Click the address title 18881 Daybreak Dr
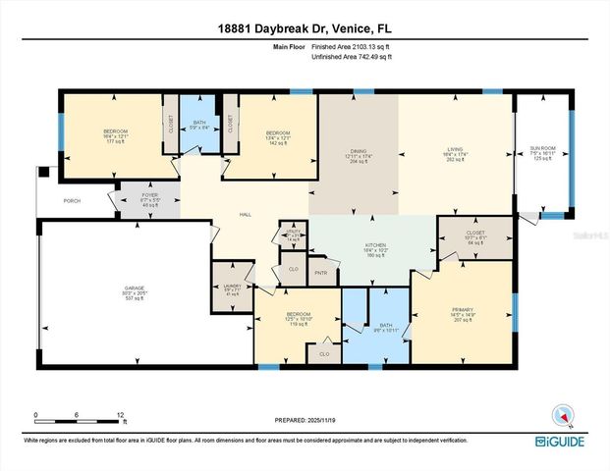point(305,26)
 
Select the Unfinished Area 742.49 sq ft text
point(351,58)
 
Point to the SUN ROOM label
point(542,146)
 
